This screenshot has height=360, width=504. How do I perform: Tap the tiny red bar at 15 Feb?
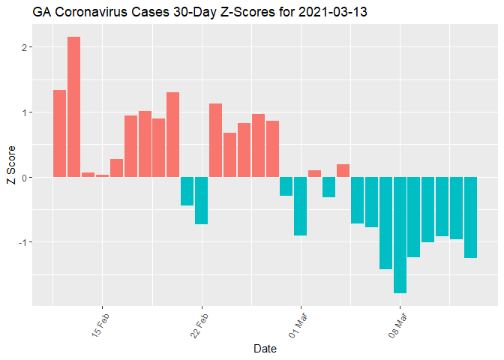(102, 175)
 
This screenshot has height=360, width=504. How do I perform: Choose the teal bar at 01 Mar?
(301, 206)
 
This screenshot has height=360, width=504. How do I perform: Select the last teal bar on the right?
(470, 217)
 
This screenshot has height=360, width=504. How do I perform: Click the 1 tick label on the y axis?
(24, 112)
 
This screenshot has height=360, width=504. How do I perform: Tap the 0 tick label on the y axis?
(24, 177)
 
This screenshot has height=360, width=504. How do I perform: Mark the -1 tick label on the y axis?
(22, 242)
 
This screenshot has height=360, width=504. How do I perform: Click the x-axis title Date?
(266, 349)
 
